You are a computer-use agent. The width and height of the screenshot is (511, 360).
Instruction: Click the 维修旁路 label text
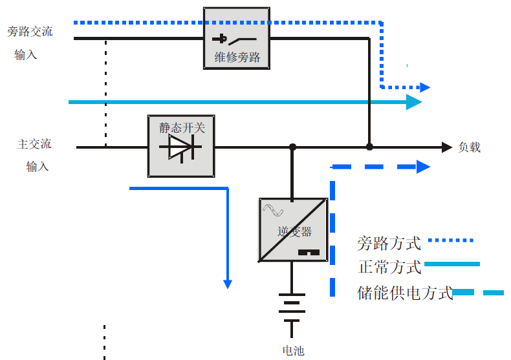click(x=237, y=58)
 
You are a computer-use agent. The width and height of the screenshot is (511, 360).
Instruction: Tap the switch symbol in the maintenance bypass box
click(x=234, y=39)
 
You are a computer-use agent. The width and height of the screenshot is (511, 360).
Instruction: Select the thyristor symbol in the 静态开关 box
click(x=180, y=147)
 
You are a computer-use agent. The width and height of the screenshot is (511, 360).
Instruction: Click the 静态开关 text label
click(x=182, y=127)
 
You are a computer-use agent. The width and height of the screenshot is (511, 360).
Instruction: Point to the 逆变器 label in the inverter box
click(x=294, y=231)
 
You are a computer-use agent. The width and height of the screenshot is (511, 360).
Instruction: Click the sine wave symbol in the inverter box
click(x=273, y=210)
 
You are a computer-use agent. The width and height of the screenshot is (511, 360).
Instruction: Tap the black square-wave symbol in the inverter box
click(x=309, y=252)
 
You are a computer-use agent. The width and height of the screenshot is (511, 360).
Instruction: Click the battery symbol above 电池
click(x=292, y=311)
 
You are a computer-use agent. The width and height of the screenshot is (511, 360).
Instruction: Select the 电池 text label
click(x=293, y=350)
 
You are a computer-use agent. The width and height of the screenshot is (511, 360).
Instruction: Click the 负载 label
click(x=470, y=147)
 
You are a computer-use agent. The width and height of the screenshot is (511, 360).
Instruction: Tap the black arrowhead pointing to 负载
click(x=447, y=147)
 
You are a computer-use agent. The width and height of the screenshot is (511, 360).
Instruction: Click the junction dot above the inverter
click(x=292, y=147)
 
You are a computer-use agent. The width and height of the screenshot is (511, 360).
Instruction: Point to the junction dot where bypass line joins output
click(x=369, y=147)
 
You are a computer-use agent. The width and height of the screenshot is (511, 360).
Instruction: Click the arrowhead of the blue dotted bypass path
click(x=425, y=87)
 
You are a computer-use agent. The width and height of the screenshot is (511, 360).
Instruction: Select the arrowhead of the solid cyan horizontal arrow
click(x=414, y=102)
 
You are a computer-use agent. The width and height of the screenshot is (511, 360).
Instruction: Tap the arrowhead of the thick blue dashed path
click(x=423, y=167)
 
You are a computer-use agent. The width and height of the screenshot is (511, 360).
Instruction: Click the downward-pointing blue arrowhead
click(x=228, y=284)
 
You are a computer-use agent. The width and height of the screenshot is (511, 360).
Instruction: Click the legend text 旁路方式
click(x=389, y=243)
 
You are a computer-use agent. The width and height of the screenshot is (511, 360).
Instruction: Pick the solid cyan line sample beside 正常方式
click(x=452, y=264)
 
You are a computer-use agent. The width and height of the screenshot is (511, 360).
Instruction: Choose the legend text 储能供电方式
click(x=405, y=293)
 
